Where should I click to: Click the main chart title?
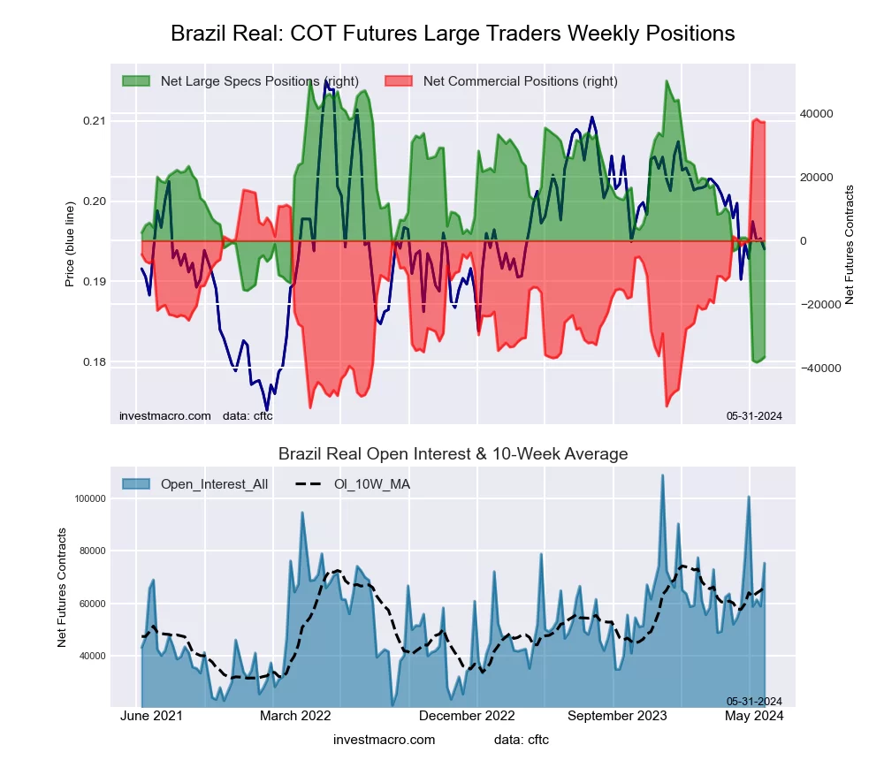click(x=453, y=34)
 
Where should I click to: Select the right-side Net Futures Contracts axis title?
click(x=850, y=245)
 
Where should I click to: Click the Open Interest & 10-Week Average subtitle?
click(x=453, y=454)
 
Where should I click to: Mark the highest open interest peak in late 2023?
click(x=662, y=475)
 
